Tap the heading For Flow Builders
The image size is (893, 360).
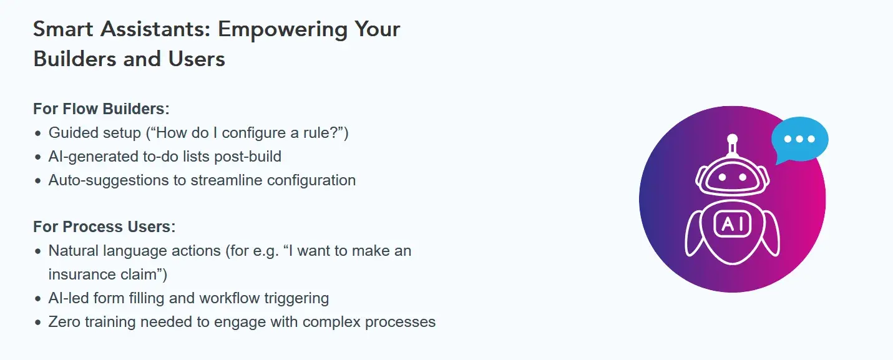[x=101, y=109]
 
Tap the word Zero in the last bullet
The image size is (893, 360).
[x=64, y=322]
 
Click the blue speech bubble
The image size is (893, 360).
[x=799, y=139]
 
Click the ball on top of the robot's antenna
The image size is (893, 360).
[x=733, y=139]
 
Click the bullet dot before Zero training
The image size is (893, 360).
[x=38, y=323]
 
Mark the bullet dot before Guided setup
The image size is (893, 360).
[x=38, y=134]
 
